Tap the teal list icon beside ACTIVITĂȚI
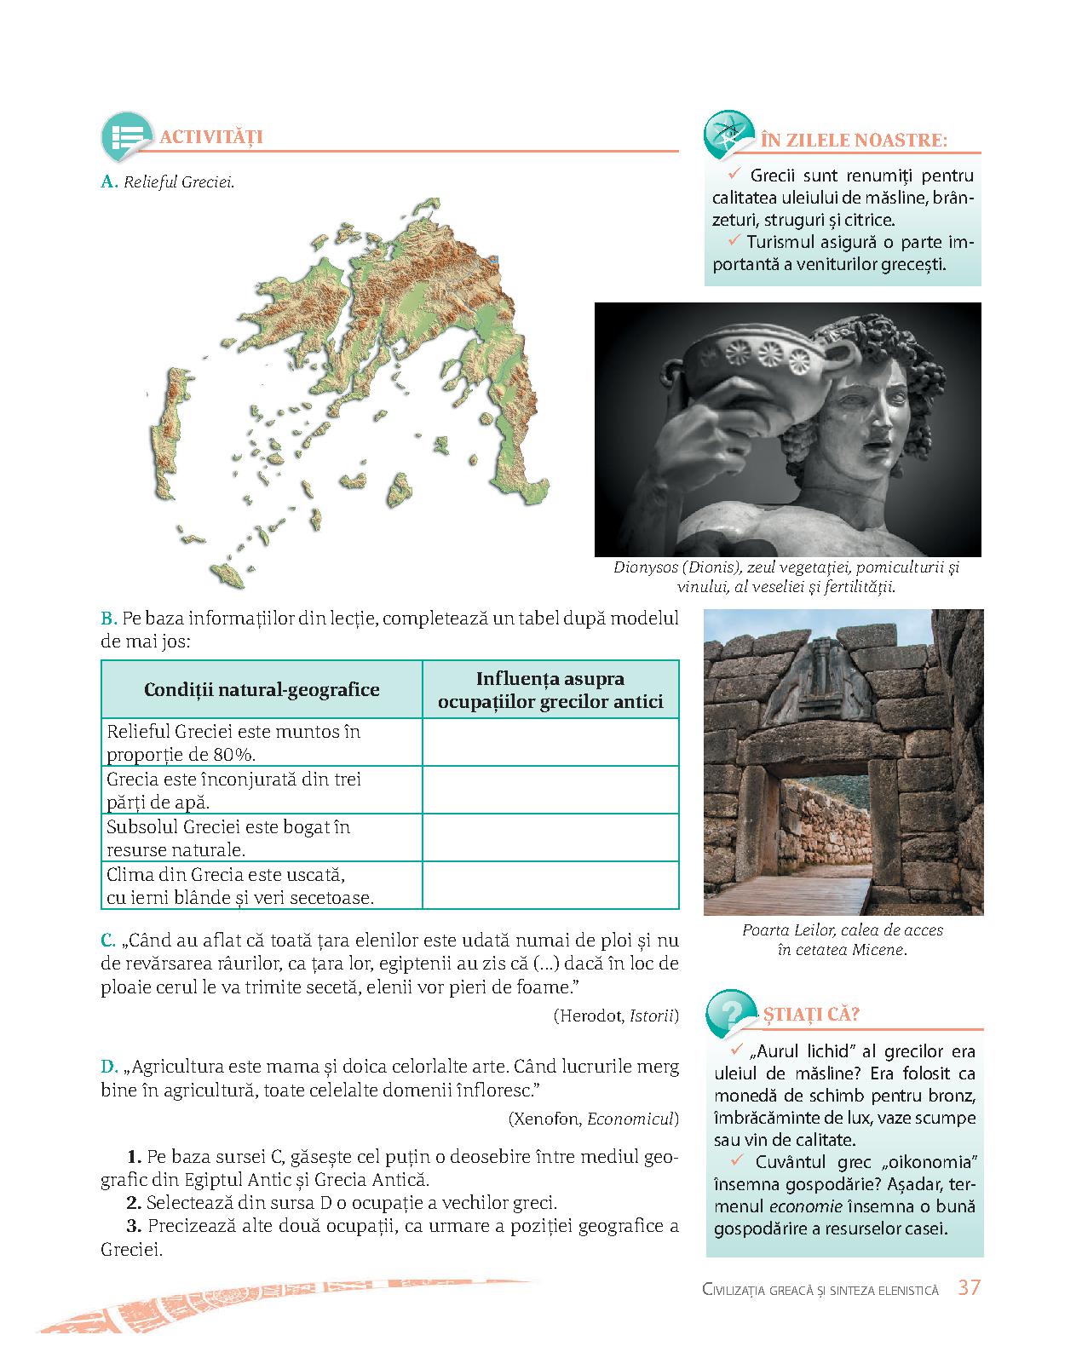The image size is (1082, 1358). click(125, 136)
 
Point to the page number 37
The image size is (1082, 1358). click(969, 1287)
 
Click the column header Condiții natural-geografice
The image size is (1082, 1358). click(262, 690)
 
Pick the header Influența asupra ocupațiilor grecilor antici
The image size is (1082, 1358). click(550, 691)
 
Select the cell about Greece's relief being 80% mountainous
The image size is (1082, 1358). click(262, 743)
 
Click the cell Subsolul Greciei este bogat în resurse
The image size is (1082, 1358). click(262, 838)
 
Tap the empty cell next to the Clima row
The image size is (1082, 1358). click(550, 886)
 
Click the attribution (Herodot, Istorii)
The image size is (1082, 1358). click(616, 1016)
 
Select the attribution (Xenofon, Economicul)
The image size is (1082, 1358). click(593, 1119)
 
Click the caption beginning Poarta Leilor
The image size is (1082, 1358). click(843, 940)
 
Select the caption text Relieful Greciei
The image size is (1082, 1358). click(179, 182)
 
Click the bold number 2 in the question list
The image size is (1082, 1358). click(134, 1204)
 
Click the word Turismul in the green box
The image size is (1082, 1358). click(781, 242)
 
